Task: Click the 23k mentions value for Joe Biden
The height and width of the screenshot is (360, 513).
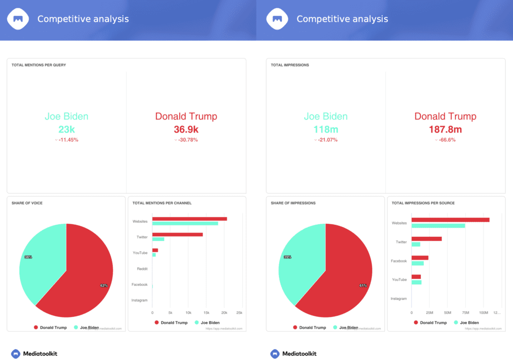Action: (x=66, y=129)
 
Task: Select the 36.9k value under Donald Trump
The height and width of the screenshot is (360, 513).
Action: (x=186, y=129)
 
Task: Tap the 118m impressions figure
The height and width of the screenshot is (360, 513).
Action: (x=326, y=129)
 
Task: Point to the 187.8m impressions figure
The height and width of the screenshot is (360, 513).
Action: (x=445, y=129)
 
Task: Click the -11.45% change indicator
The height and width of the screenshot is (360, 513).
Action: (x=68, y=140)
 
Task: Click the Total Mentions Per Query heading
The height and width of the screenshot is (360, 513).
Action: (x=39, y=65)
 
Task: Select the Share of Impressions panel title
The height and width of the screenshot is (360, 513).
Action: (x=293, y=203)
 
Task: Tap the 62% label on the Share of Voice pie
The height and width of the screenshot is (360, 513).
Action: (x=104, y=285)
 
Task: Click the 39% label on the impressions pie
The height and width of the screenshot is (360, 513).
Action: (x=288, y=257)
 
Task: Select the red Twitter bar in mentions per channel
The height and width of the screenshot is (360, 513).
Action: (x=177, y=234)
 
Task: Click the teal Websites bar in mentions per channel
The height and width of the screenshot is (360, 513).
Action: (x=185, y=223)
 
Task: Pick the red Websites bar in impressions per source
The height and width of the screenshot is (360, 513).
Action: (x=450, y=219)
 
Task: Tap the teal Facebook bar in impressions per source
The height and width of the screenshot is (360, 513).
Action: (x=417, y=263)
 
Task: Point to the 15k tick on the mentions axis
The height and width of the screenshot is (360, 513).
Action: (x=206, y=313)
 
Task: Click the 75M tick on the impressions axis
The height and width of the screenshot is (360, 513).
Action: (x=465, y=313)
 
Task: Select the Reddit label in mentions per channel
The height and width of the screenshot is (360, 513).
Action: (x=142, y=269)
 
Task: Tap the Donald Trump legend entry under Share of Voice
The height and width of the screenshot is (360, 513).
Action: (x=50, y=327)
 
